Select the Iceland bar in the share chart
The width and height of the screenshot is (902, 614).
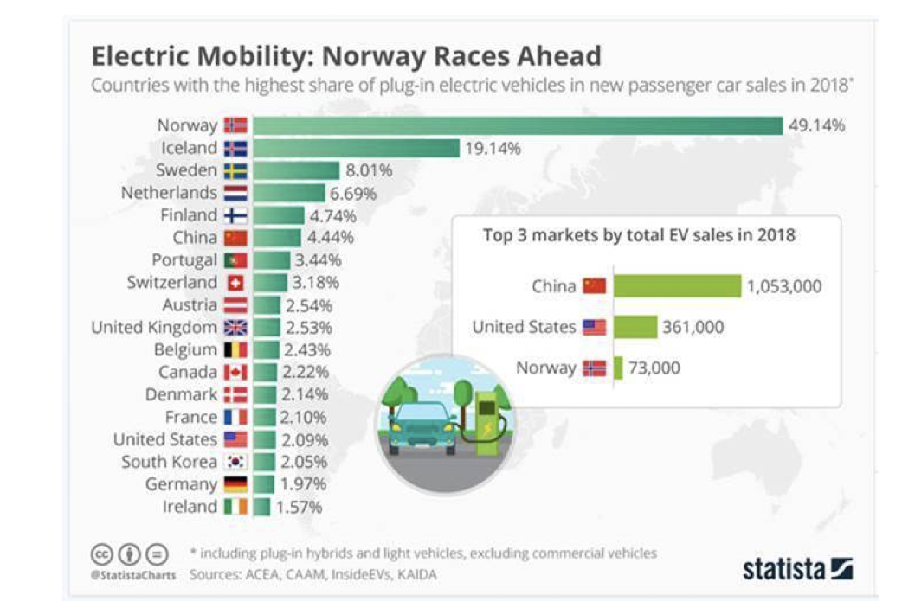point(356,148)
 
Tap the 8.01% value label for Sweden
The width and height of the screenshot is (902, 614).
point(369,170)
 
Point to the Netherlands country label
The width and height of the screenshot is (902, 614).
point(169,193)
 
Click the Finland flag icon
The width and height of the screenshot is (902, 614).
point(235,215)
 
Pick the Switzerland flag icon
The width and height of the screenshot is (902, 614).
point(235,283)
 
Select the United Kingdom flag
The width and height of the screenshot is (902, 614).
point(235,328)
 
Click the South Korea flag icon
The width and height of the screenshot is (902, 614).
point(235,462)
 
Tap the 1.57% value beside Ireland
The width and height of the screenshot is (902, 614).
point(299,507)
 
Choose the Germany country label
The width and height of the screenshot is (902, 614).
point(181,484)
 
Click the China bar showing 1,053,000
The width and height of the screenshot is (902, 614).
point(677,286)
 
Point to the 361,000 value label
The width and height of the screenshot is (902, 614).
point(693,327)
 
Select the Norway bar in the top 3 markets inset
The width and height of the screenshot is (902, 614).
point(618,368)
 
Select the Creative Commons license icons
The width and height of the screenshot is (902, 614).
point(129,553)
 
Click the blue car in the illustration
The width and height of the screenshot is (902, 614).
point(423,424)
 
